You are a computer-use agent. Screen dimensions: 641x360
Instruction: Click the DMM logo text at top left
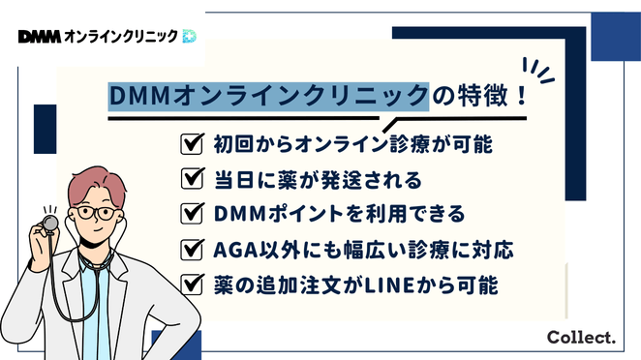38,36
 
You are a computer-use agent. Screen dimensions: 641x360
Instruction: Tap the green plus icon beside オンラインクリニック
188,36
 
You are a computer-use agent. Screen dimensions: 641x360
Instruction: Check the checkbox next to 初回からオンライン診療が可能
191,145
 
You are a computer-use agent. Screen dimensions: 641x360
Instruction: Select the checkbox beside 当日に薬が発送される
191,178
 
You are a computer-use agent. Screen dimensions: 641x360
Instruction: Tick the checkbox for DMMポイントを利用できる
191,213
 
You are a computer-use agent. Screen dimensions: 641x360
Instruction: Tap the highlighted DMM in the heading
137,98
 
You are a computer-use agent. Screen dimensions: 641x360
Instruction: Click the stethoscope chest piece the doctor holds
45,225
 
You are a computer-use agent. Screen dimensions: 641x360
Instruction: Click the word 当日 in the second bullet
230,178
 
